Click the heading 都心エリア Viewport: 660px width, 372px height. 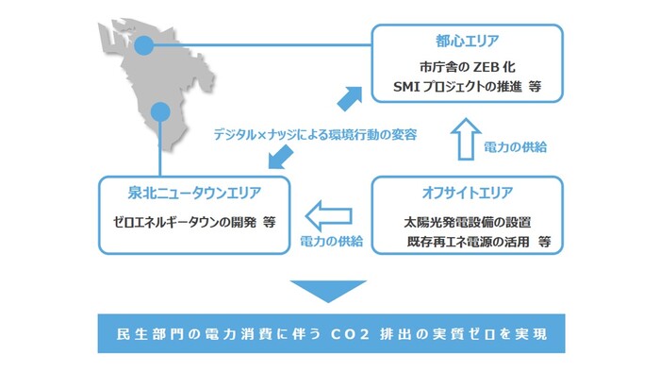coord(468,42)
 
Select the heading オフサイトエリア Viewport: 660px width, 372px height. coord(468,194)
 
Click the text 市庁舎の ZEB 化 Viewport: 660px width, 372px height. coord(467,68)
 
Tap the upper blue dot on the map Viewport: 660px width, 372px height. coord(142,44)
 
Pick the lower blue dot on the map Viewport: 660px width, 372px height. coord(161,110)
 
